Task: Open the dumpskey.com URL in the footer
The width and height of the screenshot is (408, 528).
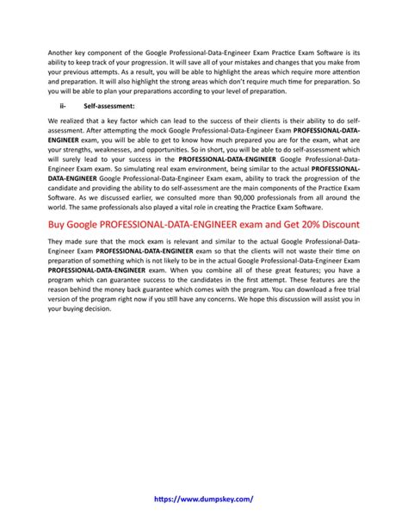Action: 204,498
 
